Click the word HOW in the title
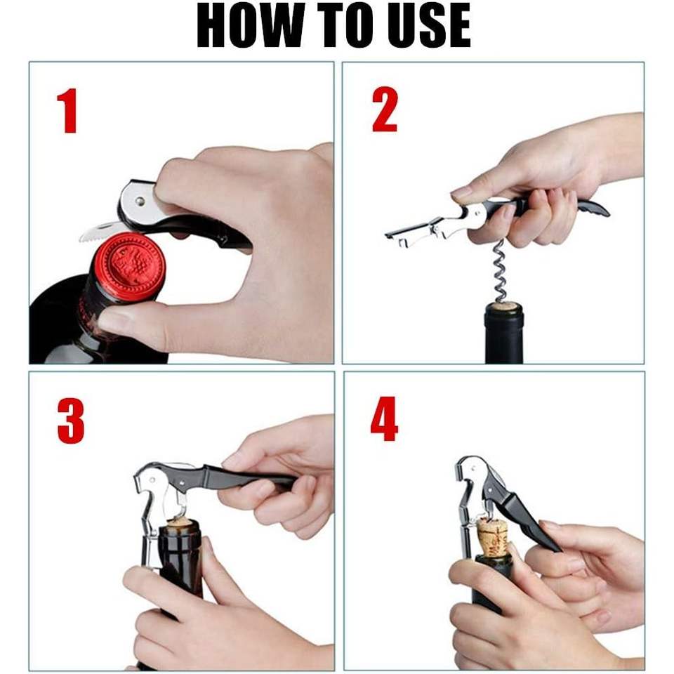tap(250, 25)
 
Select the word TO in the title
tap(346, 25)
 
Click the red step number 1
tap(67, 110)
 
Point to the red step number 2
tap(385, 110)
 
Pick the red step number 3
tap(70, 421)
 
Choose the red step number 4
tap(384, 419)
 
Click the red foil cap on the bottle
tap(129, 265)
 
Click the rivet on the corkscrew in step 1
tap(140, 201)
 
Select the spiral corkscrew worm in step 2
tap(501, 271)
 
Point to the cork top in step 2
tap(504, 306)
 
